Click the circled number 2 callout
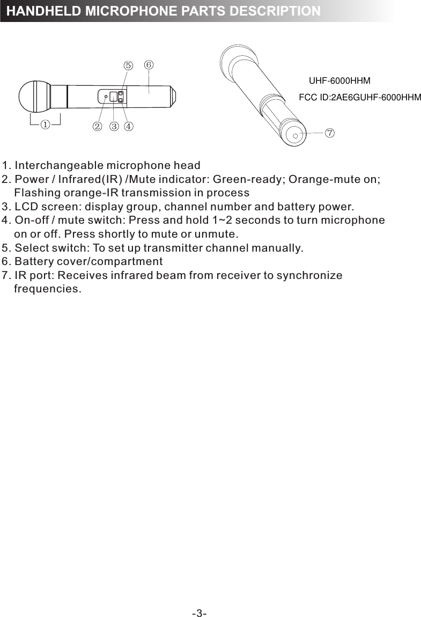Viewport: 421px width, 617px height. coord(97,127)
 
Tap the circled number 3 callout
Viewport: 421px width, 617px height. coord(114,127)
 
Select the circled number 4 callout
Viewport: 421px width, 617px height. coord(129,127)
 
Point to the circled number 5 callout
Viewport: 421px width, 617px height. coord(128,65)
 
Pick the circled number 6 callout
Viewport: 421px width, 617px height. coord(149,64)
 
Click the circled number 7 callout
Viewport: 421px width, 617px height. coord(329,132)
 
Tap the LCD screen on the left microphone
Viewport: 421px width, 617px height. coord(113,97)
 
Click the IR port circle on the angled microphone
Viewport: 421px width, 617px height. coord(296,136)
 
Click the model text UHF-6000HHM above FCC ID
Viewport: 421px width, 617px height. coord(340,82)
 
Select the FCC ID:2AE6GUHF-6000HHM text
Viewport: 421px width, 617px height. coord(359,98)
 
